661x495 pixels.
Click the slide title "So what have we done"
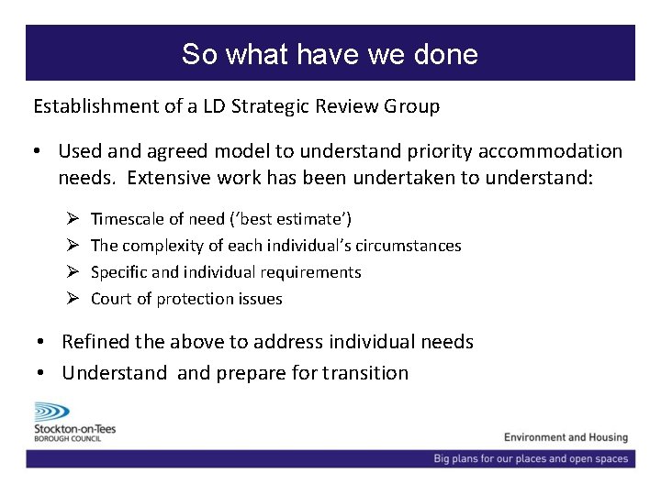[x=330, y=54]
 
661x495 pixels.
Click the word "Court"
[x=111, y=299]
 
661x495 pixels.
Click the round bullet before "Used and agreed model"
[x=41, y=151]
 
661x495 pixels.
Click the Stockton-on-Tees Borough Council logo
[x=73, y=422]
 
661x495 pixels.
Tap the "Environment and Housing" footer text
[x=566, y=437]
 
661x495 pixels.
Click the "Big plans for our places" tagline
[x=531, y=458]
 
